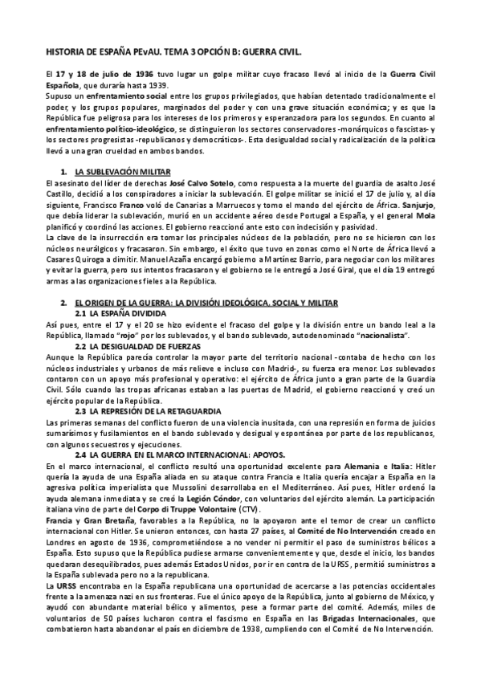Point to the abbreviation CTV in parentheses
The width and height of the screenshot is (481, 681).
click(273, 512)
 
